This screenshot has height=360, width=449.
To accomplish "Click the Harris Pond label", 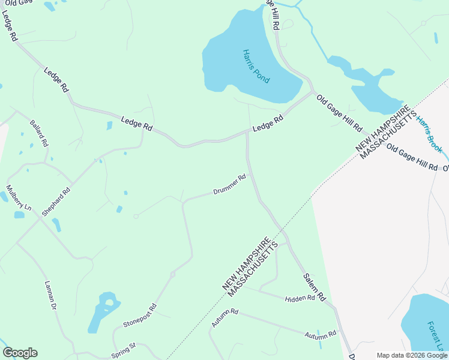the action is click(x=256, y=66).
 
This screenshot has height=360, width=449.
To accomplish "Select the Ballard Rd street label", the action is click(x=38, y=134).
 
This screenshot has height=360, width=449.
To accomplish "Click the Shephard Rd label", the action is click(x=56, y=202).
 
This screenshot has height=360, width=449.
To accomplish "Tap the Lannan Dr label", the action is click(x=50, y=295).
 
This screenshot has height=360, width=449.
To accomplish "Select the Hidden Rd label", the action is click(x=300, y=298).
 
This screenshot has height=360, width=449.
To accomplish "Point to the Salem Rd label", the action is click(x=314, y=287).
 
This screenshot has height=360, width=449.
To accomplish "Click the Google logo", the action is click(x=20, y=353).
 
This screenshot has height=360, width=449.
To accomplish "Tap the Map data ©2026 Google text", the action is click(x=412, y=355).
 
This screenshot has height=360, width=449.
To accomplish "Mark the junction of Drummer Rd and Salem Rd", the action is click(x=248, y=175).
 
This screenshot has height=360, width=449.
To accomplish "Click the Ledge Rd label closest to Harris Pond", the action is click(x=268, y=124).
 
